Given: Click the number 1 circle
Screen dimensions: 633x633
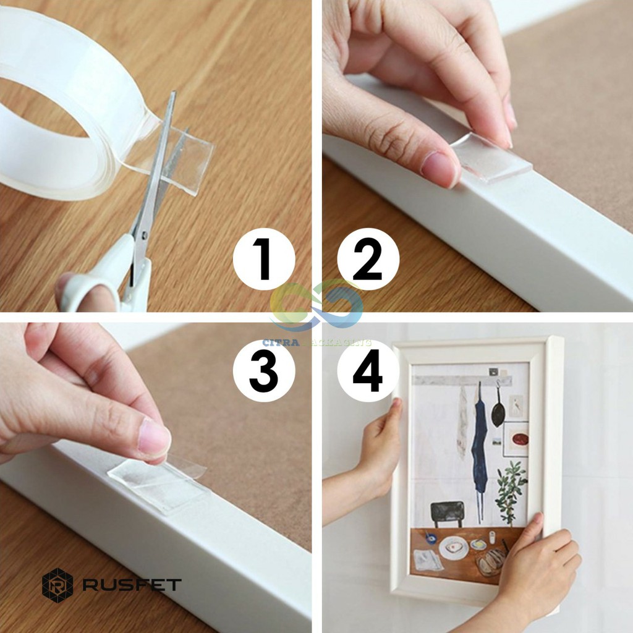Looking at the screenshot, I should point(264,259).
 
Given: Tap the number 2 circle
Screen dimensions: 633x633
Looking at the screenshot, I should point(368,259).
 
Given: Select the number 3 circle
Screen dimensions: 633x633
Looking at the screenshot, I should point(264,371).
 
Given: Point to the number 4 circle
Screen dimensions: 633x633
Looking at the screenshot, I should point(368,371).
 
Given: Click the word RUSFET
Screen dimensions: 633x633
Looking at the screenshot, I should point(132,585).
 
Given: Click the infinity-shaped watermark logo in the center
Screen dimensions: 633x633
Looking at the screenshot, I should point(316,305).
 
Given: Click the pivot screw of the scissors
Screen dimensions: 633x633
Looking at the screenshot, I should point(144,236).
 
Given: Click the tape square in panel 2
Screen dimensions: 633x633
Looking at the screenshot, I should point(491,158).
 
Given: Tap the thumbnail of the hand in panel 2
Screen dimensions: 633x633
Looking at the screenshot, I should point(440,168).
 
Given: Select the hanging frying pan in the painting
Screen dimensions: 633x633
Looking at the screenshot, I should point(498,410).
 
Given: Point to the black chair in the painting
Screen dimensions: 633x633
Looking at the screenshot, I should point(447,514).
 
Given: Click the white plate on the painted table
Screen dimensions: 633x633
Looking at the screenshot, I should point(454,548).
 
